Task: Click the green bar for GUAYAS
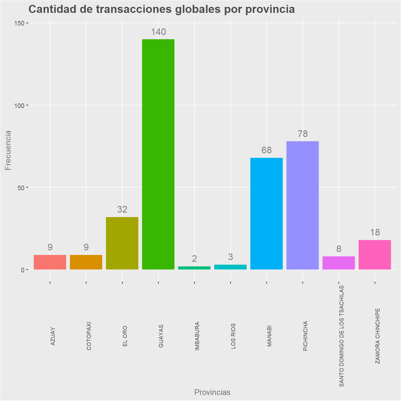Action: [158, 154]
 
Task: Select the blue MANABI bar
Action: [266, 213]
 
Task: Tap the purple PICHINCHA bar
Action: [302, 205]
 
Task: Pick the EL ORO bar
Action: [122, 243]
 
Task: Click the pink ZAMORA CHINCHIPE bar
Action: [375, 255]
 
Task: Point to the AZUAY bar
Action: [50, 262]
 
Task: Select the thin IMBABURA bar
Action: [194, 268]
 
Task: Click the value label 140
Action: [158, 32]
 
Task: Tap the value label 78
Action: [302, 134]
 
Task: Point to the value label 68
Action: [267, 150]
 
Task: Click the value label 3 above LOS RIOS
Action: [230, 257]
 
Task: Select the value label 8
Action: [339, 249]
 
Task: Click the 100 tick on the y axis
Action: [19, 105]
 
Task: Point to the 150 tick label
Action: [19, 23]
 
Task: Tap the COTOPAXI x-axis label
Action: [89, 336]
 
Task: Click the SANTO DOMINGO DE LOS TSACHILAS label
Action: [341, 336]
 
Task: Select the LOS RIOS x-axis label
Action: [233, 336]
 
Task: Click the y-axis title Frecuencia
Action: [8, 150]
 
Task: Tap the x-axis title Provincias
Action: [212, 392]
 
